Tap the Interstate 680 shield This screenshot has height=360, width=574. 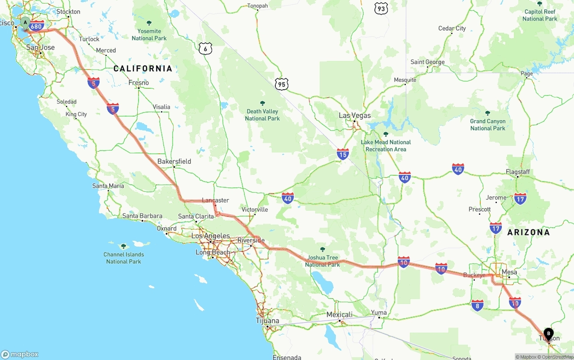36,26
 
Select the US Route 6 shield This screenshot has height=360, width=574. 205,48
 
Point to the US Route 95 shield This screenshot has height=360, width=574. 282,83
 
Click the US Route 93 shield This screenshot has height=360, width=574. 382,8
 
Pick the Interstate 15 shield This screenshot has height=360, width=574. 343,155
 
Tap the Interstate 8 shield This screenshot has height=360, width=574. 477,306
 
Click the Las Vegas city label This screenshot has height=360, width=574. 355,116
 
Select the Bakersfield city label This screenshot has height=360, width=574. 174,161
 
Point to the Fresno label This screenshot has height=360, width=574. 139,82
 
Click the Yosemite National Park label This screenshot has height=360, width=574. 149,34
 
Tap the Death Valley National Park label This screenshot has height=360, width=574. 262,115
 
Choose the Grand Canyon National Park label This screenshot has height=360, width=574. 487,125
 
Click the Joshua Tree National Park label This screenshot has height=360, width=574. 322,261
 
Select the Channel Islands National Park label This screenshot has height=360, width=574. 123,258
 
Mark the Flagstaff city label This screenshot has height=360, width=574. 517,172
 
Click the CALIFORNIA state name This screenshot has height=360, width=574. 143,69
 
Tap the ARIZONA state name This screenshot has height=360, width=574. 528,232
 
